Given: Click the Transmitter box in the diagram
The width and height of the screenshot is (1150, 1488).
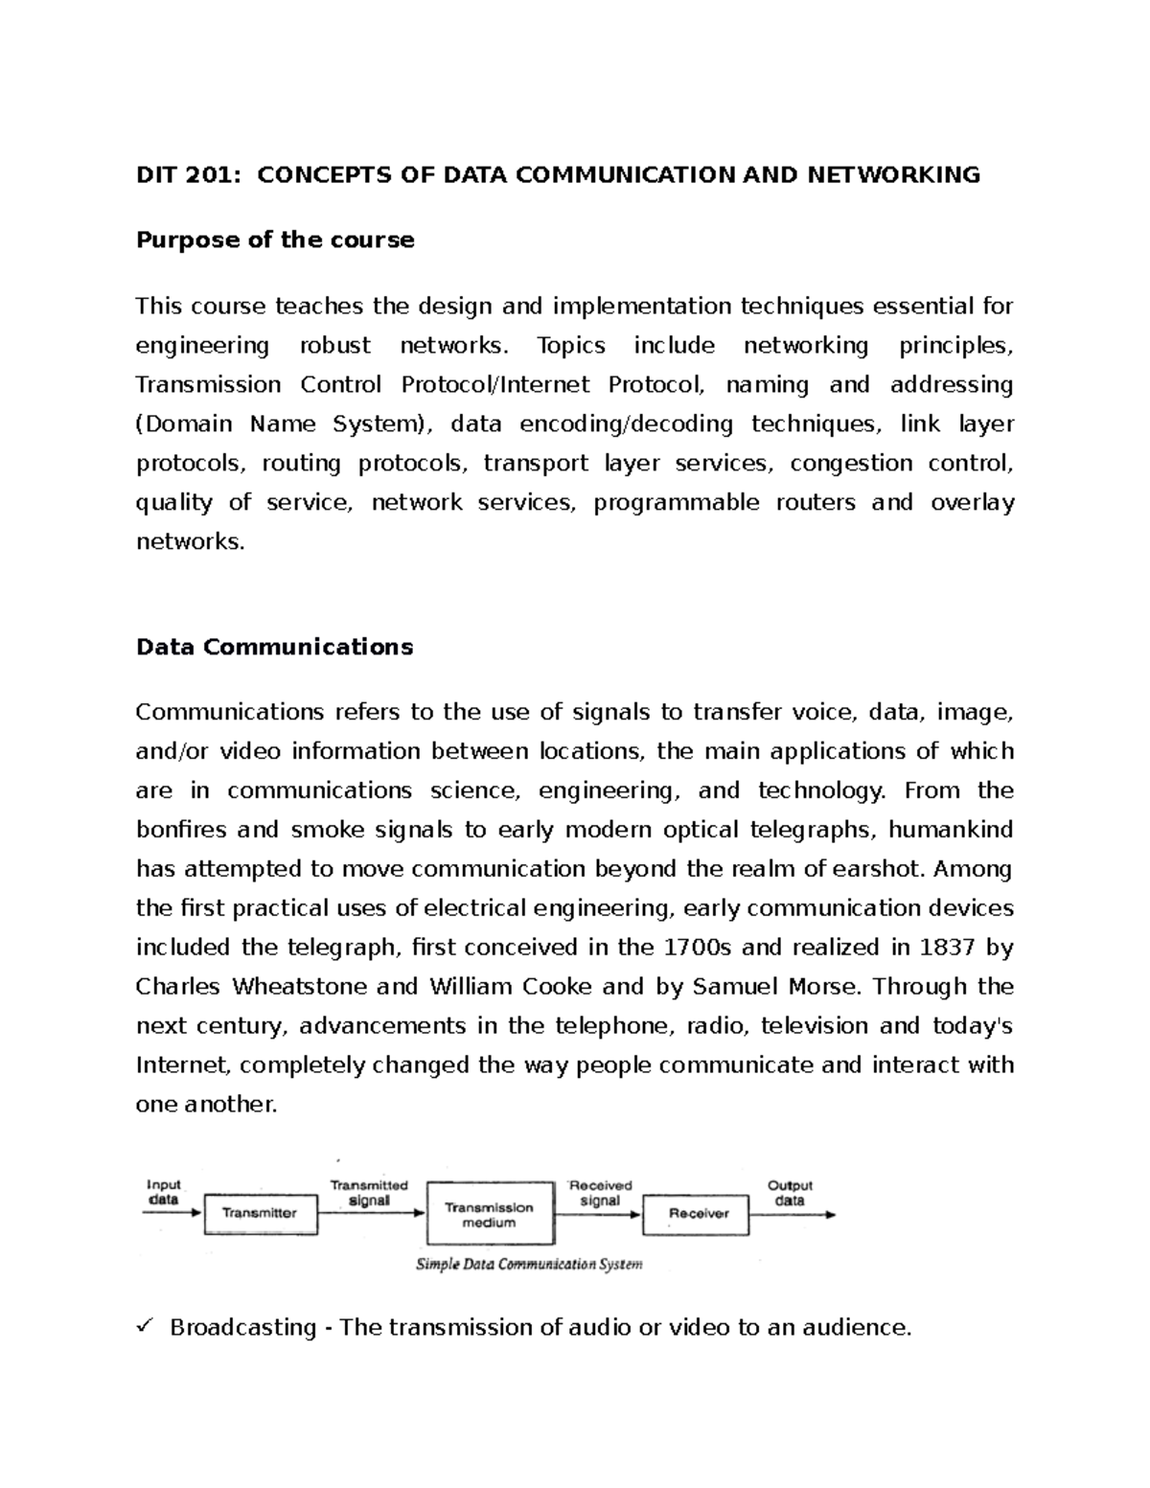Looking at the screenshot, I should pyautogui.click(x=259, y=1213).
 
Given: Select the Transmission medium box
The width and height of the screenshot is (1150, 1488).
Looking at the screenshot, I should pyautogui.click(x=489, y=1215).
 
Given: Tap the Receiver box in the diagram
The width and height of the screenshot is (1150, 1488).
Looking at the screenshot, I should pyautogui.click(x=699, y=1214).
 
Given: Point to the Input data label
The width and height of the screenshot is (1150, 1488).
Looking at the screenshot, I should pyautogui.click(x=163, y=1192).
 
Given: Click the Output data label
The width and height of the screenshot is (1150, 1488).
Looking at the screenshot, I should pyautogui.click(x=790, y=1192).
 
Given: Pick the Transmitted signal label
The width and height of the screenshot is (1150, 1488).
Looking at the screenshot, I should pyautogui.click(x=369, y=1192).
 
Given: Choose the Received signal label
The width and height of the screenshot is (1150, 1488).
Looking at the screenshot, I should pyautogui.click(x=600, y=1192).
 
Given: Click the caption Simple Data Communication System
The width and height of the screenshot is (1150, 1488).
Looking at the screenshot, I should pyautogui.click(x=528, y=1264).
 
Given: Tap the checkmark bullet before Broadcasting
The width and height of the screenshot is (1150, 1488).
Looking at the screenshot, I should pyautogui.click(x=146, y=1326).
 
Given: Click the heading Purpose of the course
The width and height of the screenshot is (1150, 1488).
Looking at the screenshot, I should pyautogui.click(x=275, y=240).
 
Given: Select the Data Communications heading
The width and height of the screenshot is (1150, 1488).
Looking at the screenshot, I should pyautogui.click(x=274, y=647).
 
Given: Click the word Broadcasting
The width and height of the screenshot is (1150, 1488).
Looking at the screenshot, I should pyautogui.click(x=242, y=1327).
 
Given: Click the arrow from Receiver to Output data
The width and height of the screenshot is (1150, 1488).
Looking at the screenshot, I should pyautogui.click(x=792, y=1215).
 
